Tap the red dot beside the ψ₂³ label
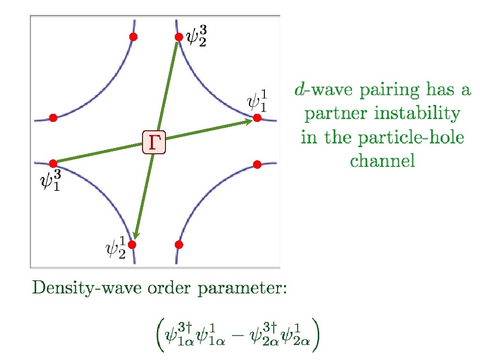click(x=179, y=37)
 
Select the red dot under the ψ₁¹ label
click(x=257, y=118)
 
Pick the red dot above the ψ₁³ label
click(x=53, y=163)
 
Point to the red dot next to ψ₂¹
click(x=132, y=244)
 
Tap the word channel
click(x=382, y=162)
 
